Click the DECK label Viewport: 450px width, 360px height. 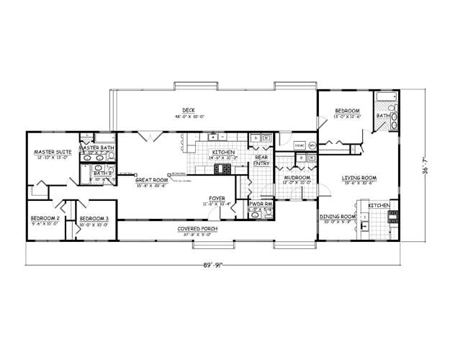coord(189,110)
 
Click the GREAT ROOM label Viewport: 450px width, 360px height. coord(150,180)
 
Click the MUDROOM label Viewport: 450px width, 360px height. coord(297,177)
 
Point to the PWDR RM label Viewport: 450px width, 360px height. coord(260,204)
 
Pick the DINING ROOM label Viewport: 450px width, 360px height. coord(338,216)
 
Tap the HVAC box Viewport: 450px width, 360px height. coord(300,145)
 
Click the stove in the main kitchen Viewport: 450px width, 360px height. coord(223,170)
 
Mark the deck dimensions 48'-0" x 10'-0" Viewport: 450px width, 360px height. coord(189,117)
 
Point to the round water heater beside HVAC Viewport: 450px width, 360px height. coord(312,145)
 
